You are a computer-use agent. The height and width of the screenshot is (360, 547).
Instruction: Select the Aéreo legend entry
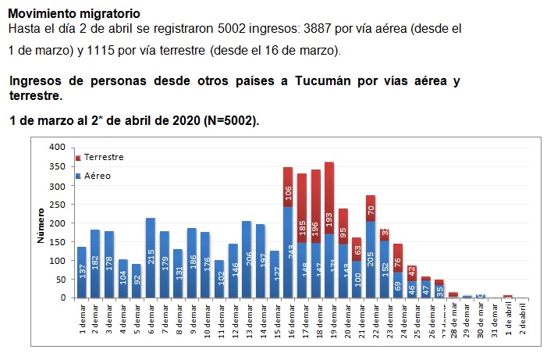coord(98,176)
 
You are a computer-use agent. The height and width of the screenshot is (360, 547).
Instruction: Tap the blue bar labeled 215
coord(150,258)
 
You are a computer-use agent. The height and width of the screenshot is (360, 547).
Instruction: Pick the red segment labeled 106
coord(288,187)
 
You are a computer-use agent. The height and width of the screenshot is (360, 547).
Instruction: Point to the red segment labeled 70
coord(370,209)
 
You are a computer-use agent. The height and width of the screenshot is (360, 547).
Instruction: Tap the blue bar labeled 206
coord(247,259)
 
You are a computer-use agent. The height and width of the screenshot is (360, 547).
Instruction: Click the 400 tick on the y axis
coord(57,147)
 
